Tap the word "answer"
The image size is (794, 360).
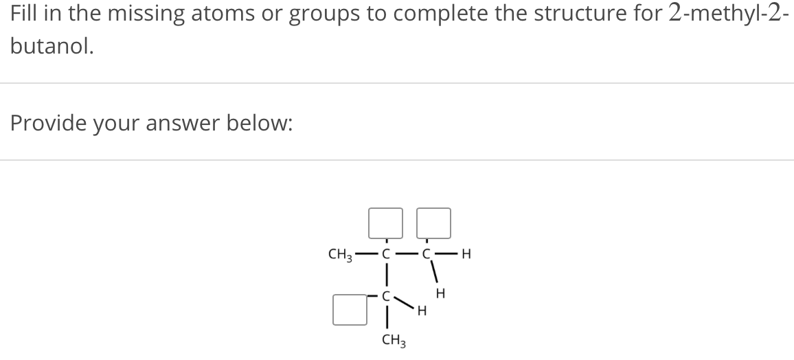coord(173,124)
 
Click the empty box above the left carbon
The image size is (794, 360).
coord(385,222)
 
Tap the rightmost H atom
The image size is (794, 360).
coord(467,255)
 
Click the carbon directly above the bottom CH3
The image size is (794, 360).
coord(386,297)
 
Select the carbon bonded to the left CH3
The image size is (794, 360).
coord(386,255)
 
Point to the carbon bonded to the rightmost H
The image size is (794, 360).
coord(427,255)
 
